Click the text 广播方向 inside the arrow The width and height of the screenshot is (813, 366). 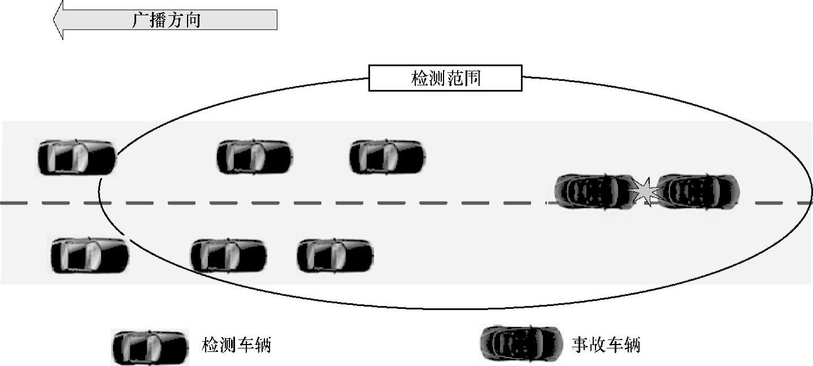click(166, 21)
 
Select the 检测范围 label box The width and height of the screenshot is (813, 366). click(445, 78)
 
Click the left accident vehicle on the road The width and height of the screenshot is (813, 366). click(593, 191)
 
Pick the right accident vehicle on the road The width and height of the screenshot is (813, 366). click(698, 191)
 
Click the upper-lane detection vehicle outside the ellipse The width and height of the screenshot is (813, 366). click(76, 158)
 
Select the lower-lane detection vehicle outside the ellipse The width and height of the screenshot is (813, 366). click(90, 255)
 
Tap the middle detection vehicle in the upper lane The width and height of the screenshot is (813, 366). click(255, 157)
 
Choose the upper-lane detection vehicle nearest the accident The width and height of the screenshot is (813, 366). click(387, 157)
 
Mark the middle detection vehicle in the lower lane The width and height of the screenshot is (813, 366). click(228, 255)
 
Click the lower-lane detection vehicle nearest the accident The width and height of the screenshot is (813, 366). click(335, 255)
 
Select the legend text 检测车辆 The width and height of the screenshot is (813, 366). click(236, 345)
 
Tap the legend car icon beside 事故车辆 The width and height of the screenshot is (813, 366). click(520, 343)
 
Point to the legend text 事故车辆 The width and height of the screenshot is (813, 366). click(606, 345)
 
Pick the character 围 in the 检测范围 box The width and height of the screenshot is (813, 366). click(472, 78)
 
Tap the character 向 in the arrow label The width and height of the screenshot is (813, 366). click(192, 21)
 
